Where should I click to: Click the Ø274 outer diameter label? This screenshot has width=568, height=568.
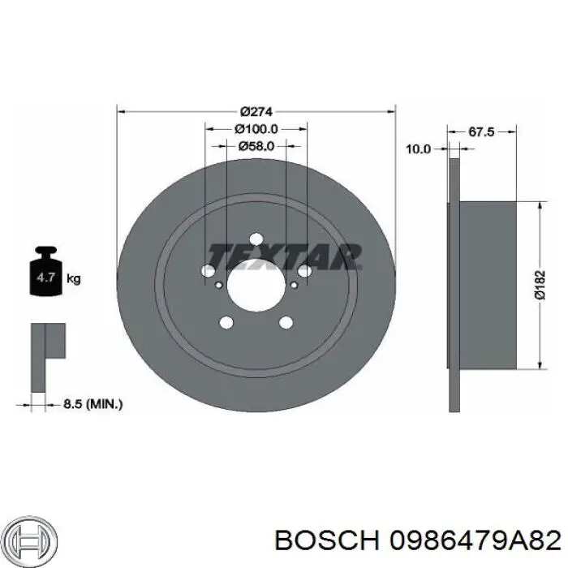(256, 111)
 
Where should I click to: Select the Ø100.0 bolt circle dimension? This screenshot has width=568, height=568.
(256, 128)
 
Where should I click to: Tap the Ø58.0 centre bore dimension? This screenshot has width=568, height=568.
(256, 146)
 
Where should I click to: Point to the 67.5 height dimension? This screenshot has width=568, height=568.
(482, 131)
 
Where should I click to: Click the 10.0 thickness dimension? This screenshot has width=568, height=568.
(419, 149)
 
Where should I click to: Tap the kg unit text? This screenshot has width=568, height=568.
(73, 280)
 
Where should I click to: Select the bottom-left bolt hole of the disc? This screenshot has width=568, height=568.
(227, 322)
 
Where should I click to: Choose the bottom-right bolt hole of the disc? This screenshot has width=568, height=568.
(285, 322)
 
